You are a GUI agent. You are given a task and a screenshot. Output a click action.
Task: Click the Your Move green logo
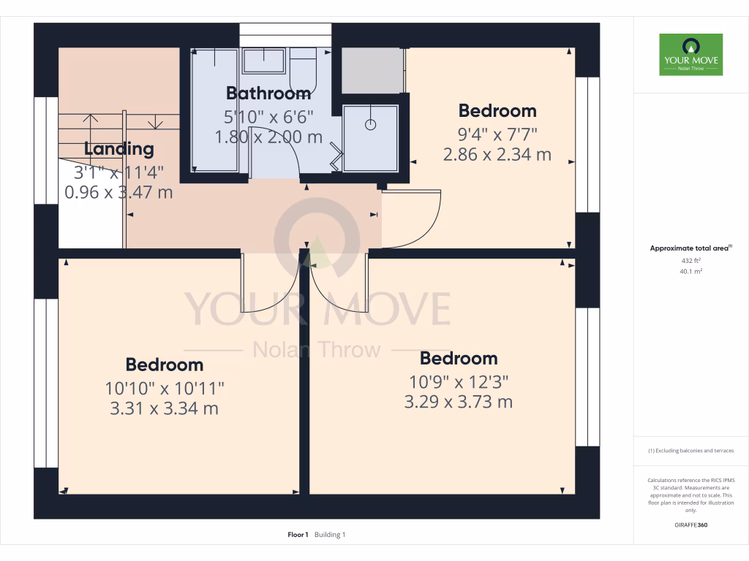pos(690,54)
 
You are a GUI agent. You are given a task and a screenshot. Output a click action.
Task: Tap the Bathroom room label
pos(268,93)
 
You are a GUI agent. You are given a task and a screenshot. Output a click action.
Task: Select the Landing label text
pos(119,149)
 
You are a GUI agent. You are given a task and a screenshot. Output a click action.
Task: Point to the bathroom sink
pos(263,61)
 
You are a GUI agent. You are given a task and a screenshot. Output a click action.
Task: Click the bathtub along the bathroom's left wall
pos(215,110)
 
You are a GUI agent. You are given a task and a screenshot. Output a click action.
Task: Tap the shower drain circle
pos(371,124)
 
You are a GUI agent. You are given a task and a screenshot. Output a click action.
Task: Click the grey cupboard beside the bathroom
pos(372,71)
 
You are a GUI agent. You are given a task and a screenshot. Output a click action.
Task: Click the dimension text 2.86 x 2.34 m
pos(497,155)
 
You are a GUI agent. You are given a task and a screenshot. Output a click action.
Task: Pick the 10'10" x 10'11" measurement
pos(165,387)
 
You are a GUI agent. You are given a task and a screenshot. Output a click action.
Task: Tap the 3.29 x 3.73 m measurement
pos(459,402)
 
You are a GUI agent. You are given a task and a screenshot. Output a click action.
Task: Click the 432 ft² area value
pos(690,260)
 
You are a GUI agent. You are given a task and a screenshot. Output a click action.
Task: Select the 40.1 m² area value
pos(690,270)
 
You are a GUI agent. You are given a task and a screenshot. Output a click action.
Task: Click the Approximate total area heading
pos(690,248)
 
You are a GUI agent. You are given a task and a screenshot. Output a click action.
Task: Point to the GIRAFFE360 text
pos(690,525)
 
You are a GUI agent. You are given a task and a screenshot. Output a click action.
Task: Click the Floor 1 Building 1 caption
pos(316,535)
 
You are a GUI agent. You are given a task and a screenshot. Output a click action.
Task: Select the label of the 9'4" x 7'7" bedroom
pos(497,111)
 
